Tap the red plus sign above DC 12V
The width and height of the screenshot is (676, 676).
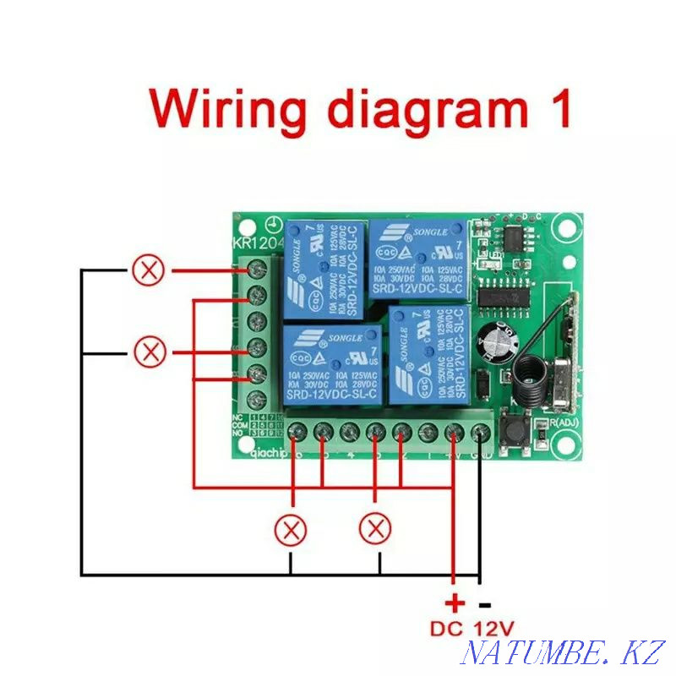point(455,603)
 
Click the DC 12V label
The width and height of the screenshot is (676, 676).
point(472,630)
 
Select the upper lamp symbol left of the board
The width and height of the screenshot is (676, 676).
point(150,270)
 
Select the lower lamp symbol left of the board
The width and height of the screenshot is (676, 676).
point(151,351)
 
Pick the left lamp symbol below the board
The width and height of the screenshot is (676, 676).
point(292,530)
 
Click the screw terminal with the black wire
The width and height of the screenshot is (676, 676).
point(480,433)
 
